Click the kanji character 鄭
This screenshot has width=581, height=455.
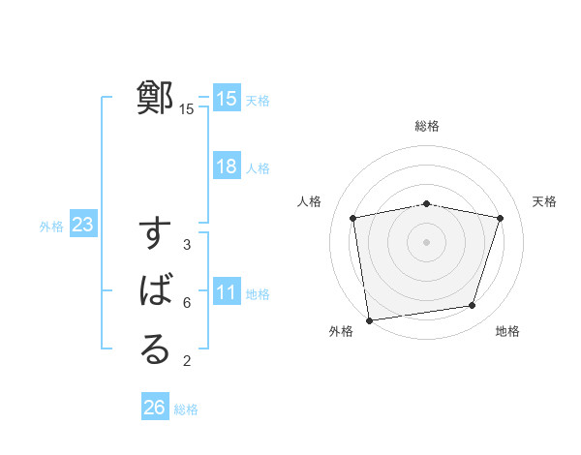coord(155,99)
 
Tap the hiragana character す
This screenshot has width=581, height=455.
coord(155,236)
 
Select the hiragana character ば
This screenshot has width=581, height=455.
coord(155,291)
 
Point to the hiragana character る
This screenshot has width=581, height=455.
coord(155,349)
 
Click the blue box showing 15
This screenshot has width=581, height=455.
coord(227,99)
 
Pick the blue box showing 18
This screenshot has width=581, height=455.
coord(227,167)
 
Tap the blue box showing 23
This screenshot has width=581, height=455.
coord(82,226)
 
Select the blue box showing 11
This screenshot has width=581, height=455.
coord(227,293)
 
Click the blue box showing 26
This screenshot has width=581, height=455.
coord(155,408)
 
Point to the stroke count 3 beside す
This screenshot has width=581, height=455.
coord(187,245)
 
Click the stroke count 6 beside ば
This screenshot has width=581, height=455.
coord(187,302)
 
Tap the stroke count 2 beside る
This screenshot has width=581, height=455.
coord(187,361)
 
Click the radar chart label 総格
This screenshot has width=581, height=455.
coord(427,127)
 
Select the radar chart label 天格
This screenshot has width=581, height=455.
coord(545,201)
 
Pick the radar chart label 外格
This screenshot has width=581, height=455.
coord(341,331)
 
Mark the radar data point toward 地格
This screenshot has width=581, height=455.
coord(473,306)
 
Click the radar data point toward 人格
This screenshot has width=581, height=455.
coord(353,218)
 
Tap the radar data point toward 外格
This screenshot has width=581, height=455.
coord(369,319)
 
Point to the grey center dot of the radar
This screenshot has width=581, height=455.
coord(427,241)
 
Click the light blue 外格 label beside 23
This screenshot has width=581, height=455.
coord(51,227)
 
